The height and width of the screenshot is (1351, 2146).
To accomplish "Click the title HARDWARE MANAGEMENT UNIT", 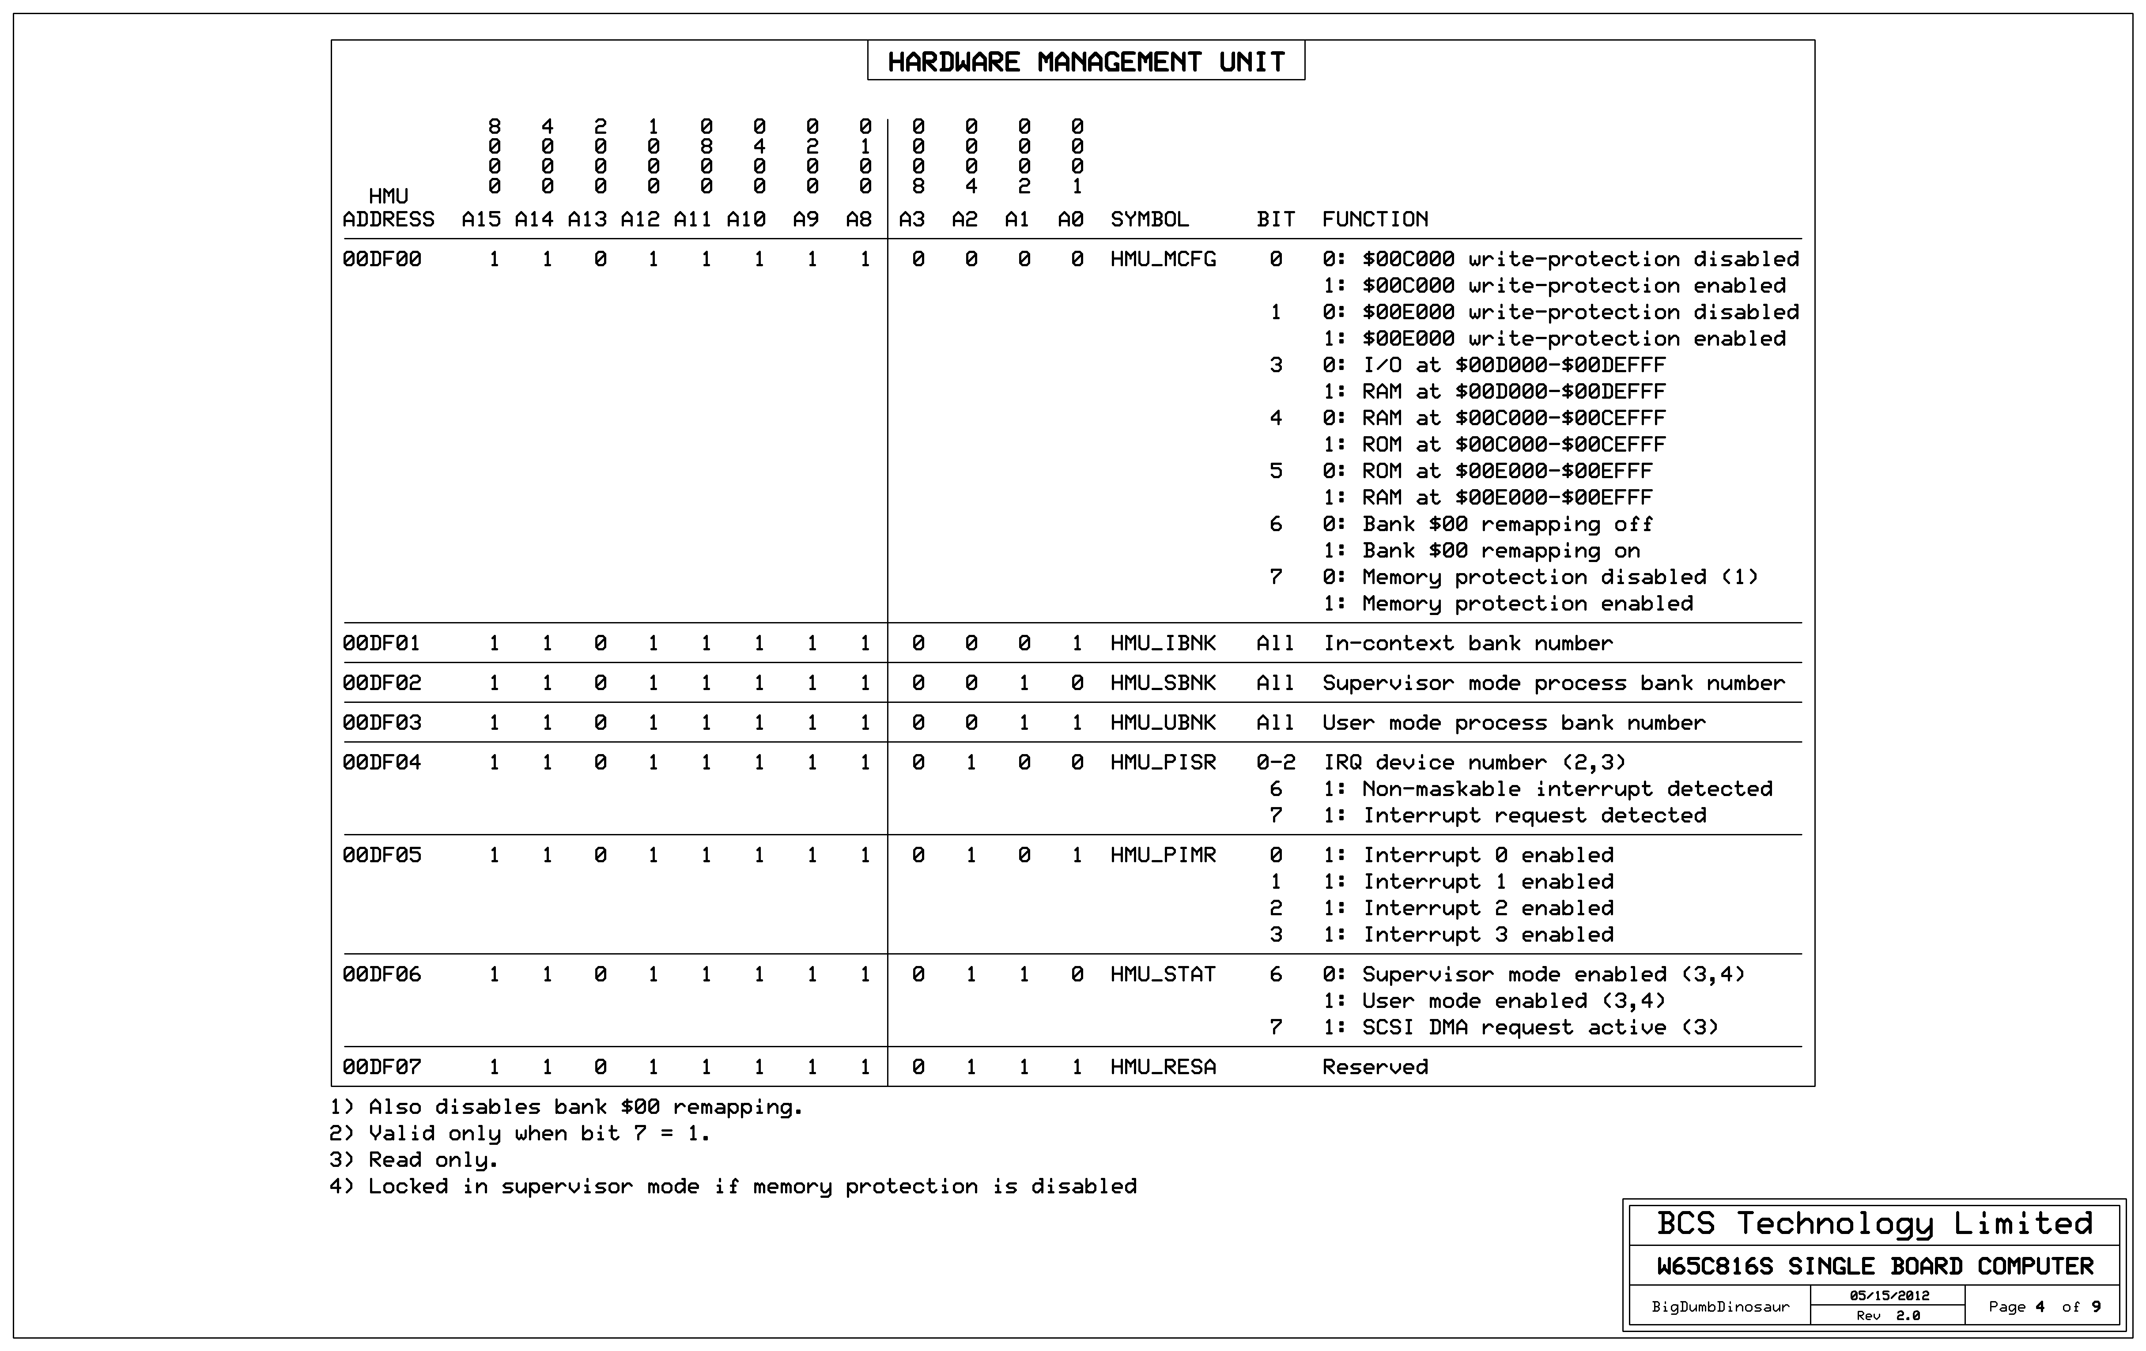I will pos(1085,61).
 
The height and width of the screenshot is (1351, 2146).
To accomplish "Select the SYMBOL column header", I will pos(1149,219).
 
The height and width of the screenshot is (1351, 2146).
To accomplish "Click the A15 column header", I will pos(481,219).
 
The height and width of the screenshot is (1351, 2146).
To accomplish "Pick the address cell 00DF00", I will pos(382,259).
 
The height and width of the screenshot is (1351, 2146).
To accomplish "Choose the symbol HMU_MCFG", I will pos(1162,259).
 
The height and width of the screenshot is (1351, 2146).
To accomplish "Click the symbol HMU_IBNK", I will pos(1162,643).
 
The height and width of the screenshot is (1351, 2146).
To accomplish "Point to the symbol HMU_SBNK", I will pos(1162,683).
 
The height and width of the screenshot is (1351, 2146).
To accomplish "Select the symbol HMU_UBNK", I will pos(1162,723).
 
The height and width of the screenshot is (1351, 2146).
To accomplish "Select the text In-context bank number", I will pos(1467,643).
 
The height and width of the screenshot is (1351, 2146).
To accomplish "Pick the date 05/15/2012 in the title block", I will pos(1889,1296).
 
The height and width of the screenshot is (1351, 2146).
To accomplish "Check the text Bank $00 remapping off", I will pos(1506,524).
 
